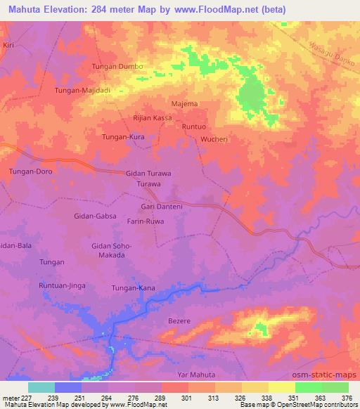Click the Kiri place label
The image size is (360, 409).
[8, 44]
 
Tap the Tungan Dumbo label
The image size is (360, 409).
[117, 67]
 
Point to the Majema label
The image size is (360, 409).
[184, 104]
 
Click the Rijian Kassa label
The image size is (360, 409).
[153, 118]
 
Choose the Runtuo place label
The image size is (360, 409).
[193, 126]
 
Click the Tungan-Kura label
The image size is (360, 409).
[123, 137]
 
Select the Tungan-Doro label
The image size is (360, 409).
[30, 171]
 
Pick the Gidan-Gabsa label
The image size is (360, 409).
[94, 217]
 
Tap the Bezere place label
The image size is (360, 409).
[179, 321]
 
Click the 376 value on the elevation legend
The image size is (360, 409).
[348, 398]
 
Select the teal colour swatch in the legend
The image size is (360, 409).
[41, 387]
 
